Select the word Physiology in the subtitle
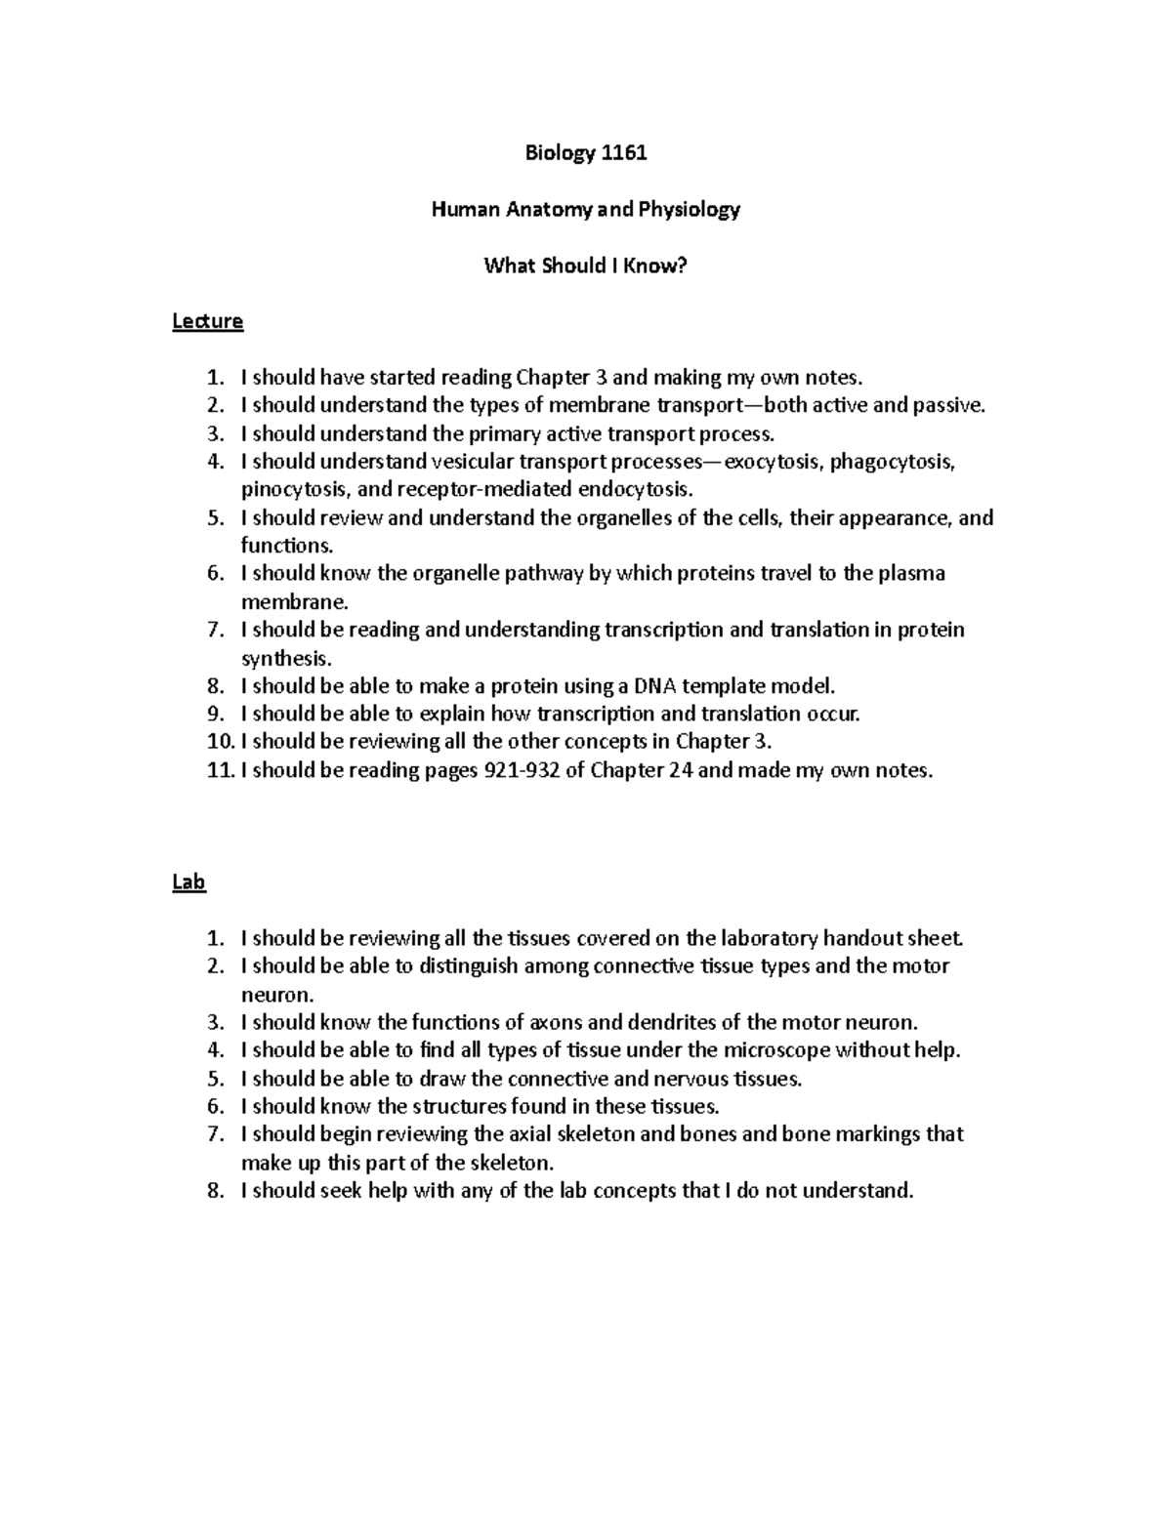[x=690, y=209]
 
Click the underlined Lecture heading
[x=207, y=321]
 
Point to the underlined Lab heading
[x=188, y=882]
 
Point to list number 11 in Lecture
[x=220, y=770]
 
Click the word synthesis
[x=285, y=659]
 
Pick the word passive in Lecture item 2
[x=947, y=406]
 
